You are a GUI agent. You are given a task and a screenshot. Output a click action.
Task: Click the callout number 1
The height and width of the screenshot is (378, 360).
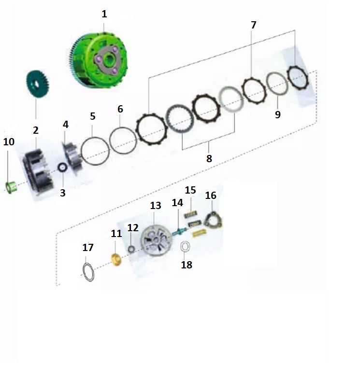click(x=104, y=14)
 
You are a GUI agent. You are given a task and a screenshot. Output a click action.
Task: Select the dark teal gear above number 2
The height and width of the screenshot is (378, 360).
click(x=37, y=84)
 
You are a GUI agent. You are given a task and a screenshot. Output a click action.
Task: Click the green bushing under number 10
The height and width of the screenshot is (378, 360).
click(x=11, y=188)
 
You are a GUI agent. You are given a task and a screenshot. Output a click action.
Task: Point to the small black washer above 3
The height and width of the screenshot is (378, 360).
click(x=63, y=168)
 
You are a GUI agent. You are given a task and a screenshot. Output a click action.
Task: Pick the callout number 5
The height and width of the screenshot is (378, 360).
click(x=93, y=116)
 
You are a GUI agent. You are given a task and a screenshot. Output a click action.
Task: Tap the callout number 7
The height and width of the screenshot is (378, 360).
click(x=253, y=25)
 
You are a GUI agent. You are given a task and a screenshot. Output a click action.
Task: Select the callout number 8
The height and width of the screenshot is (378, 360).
click(x=209, y=159)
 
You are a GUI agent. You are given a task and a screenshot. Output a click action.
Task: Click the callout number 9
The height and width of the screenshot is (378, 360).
click(x=278, y=114)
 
